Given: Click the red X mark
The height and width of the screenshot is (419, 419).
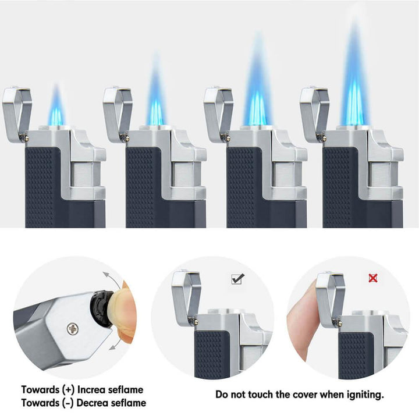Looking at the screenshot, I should [373, 278].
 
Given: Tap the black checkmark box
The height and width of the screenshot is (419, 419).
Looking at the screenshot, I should [237, 279].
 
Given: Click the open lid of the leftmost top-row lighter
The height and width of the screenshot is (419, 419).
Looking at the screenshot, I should [16, 111].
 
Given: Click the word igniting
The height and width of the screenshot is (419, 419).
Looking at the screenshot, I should [364, 395].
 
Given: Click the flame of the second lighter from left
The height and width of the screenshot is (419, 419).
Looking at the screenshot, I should [155, 99].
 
